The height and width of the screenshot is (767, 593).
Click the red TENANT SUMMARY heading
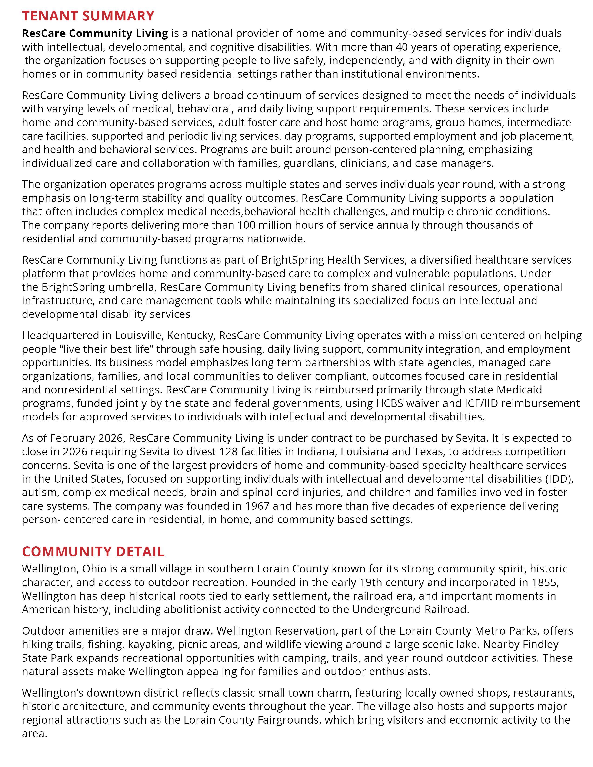tap(88, 16)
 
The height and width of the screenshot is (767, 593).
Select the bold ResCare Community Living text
tap(95, 33)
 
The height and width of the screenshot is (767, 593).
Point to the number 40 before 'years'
tap(402, 47)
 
